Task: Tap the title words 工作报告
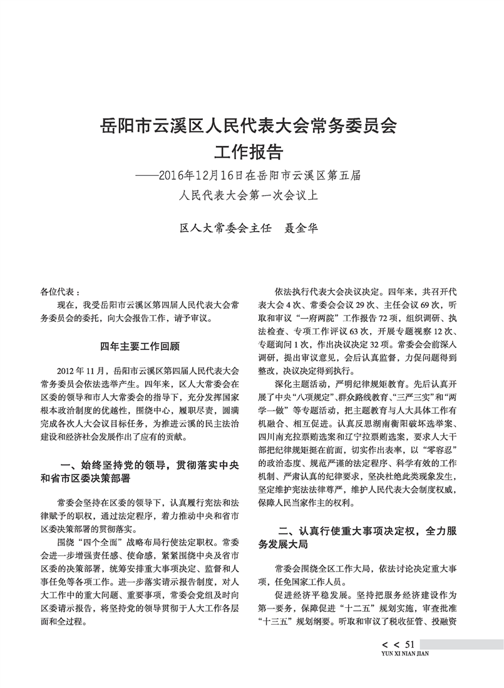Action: (249, 153)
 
